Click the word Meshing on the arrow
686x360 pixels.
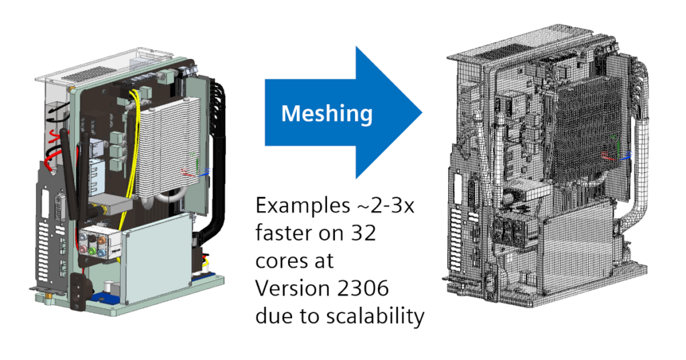point(326,113)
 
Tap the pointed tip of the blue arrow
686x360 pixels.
point(420,113)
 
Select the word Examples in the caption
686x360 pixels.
point(299,206)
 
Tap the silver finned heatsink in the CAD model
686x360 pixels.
point(164,147)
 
